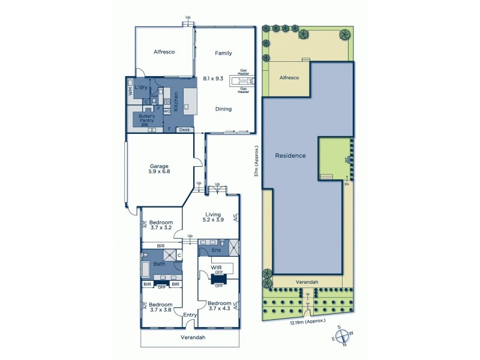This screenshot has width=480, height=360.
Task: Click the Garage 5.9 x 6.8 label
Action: point(160,169)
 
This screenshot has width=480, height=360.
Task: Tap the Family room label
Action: point(223,53)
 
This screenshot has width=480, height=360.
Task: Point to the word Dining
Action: point(223,109)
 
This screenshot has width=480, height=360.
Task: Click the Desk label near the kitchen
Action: point(184,130)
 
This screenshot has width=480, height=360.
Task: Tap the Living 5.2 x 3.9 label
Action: point(214,218)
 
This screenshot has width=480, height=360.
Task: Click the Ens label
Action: point(208,250)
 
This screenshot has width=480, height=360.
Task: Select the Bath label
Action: point(159,264)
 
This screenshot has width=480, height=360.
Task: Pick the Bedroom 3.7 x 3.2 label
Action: point(161,225)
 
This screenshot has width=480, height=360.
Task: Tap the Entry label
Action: point(190,315)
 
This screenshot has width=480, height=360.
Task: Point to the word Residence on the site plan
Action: point(290,155)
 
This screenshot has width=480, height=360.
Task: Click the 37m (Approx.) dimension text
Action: point(256,161)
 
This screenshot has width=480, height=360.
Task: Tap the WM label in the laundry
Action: point(130,91)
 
